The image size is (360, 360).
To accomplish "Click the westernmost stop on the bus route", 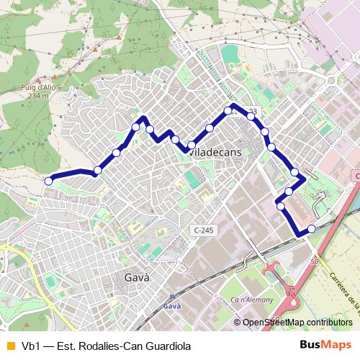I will (48, 181).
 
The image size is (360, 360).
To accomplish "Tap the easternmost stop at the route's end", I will (311, 228).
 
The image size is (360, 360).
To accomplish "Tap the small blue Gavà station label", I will (171, 306).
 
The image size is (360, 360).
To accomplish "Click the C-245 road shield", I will (204, 230).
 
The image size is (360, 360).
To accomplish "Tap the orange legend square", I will (10, 346).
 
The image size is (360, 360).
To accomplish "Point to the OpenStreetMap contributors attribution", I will (296, 323).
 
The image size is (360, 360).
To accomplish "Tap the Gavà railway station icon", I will (171, 297).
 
